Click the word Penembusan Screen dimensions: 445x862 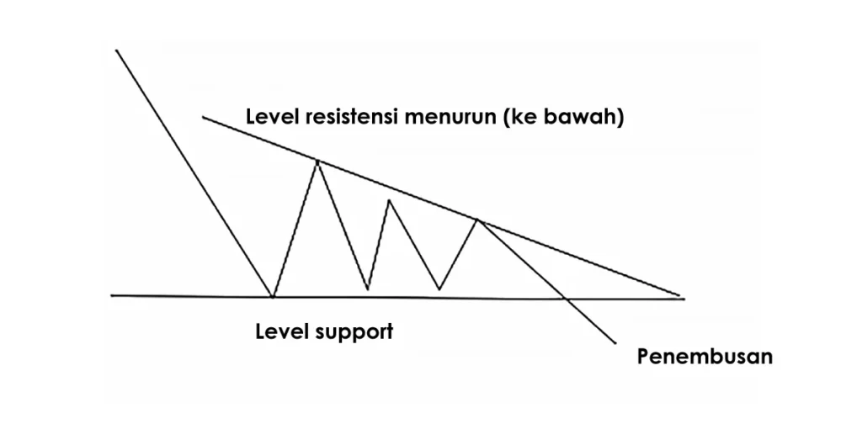[x=705, y=356]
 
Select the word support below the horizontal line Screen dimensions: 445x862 [x=355, y=333]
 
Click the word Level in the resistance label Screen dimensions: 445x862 [x=272, y=117]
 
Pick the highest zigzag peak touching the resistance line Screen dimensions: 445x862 [x=317, y=160]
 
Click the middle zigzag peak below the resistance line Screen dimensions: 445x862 [x=388, y=199]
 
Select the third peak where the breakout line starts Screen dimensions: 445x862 [x=477, y=220]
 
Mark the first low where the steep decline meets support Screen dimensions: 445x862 [x=273, y=296]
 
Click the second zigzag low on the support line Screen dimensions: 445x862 [x=368, y=290]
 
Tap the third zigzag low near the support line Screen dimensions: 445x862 [x=439, y=289]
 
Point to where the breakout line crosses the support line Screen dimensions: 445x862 [x=565, y=297]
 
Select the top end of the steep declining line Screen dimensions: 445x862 [x=116, y=50]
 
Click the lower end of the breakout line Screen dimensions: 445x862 [x=616, y=343]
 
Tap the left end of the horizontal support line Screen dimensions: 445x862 [x=112, y=295]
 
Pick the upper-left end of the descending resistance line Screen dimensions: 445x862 [x=203, y=117]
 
